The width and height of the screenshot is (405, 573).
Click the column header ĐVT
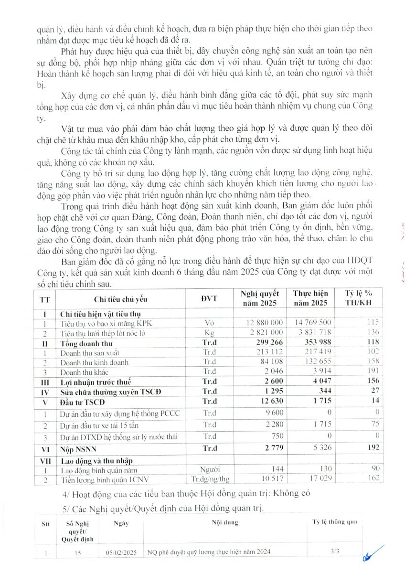209,299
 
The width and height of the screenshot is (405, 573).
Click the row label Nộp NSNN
77,448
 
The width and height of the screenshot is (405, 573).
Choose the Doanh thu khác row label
83,371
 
